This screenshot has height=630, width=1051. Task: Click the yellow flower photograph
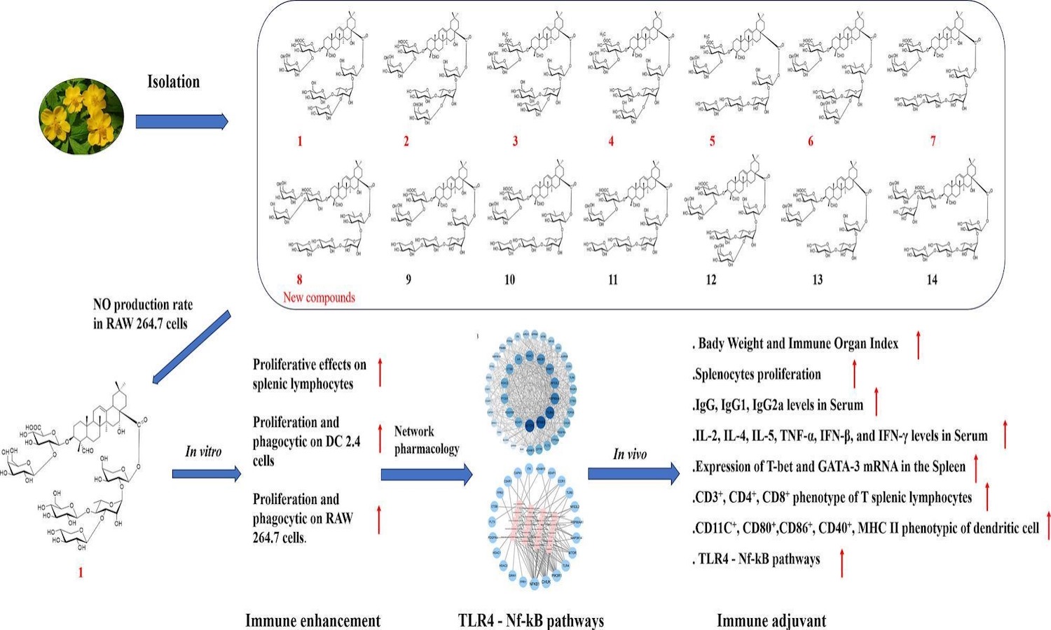click(81, 116)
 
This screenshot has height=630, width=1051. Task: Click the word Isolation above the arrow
click(173, 82)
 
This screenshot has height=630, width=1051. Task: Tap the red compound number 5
click(712, 141)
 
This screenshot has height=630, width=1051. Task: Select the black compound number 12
click(710, 280)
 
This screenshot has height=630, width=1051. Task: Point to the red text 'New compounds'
click(319, 297)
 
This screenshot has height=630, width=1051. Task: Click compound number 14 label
click(931, 280)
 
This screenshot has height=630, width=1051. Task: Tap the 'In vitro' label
click(203, 451)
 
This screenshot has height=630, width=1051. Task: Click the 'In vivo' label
click(630, 454)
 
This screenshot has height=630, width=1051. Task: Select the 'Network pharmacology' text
click(426, 440)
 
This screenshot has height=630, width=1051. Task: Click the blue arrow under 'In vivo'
click(633, 474)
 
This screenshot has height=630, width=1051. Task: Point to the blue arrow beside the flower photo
click(181, 122)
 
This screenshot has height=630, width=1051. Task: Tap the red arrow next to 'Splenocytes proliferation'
click(854, 374)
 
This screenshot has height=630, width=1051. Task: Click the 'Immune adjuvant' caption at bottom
click(771, 620)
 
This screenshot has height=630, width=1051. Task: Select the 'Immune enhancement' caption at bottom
click(312, 620)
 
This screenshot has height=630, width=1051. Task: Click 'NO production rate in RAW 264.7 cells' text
click(143, 314)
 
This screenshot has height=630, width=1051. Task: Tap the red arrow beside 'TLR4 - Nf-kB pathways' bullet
click(842, 563)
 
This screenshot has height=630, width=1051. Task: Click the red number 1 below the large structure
click(81, 573)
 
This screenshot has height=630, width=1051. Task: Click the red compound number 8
click(299, 280)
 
